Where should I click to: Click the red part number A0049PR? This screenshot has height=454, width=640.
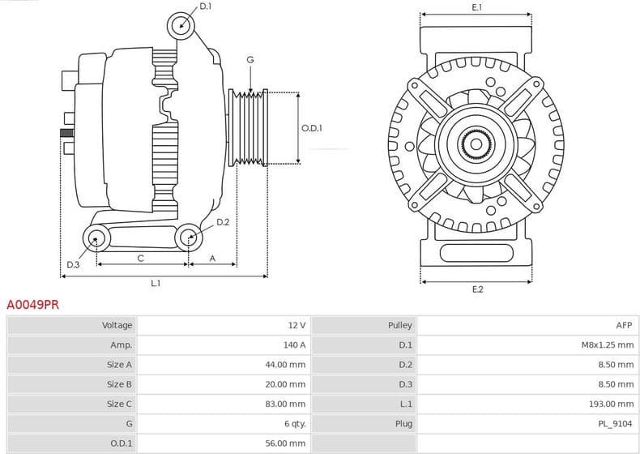(32, 305)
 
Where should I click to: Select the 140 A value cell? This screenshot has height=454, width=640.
(297, 345)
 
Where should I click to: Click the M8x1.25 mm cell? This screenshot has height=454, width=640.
(608, 345)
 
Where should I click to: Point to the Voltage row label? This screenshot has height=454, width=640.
(117, 325)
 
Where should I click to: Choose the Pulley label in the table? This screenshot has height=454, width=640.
(400, 325)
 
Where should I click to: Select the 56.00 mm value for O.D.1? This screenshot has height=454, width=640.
(288, 443)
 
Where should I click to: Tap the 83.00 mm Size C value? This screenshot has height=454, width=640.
(288, 404)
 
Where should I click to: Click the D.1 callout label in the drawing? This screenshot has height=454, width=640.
(205, 6)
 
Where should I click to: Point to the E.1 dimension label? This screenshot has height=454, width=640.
(477, 7)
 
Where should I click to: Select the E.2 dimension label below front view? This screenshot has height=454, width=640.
(477, 289)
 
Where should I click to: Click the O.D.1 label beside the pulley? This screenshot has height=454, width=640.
(312, 128)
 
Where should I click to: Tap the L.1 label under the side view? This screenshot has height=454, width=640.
(156, 283)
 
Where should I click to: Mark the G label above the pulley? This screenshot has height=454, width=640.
(250, 60)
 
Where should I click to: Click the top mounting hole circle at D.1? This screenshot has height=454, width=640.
(181, 25)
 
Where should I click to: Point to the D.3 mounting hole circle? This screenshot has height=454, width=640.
(97, 238)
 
